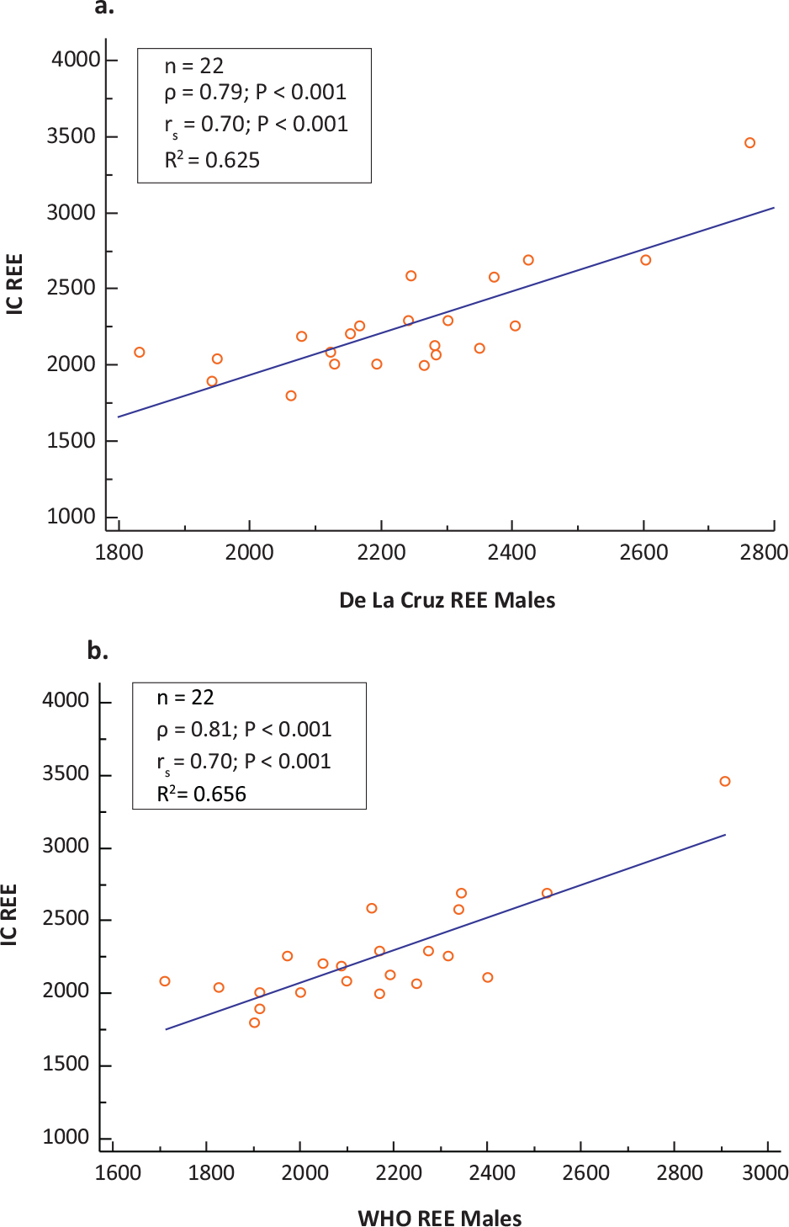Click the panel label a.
pyautogui.click(x=104, y=8)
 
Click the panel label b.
pyautogui.click(x=98, y=651)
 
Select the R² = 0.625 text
pyautogui.click(x=212, y=160)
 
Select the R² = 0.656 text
pyautogui.click(x=202, y=794)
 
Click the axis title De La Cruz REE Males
pyautogui.click(x=447, y=600)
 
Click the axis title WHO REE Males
pyautogui.click(x=439, y=1218)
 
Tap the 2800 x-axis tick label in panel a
pyautogui.click(x=764, y=553)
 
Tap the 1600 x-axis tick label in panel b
pyautogui.click(x=118, y=1172)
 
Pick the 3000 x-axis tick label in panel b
pyautogui.click(x=765, y=1172)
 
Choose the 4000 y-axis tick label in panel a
pyautogui.click(x=76, y=60)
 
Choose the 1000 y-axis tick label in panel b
pyautogui.click(x=66, y=1137)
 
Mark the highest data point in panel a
pyautogui.click(x=749, y=143)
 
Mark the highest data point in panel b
pyautogui.click(x=725, y=781)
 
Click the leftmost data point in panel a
pyautogui.click(x=140, y=353)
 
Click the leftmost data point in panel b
pyautogui.click(x=165, y=981)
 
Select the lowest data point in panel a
pyautogui.click(x=291, y=396)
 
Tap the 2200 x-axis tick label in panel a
pyautogui.click(x=381, y=553)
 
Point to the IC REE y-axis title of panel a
pyautogui.click(x=14, y=284)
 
